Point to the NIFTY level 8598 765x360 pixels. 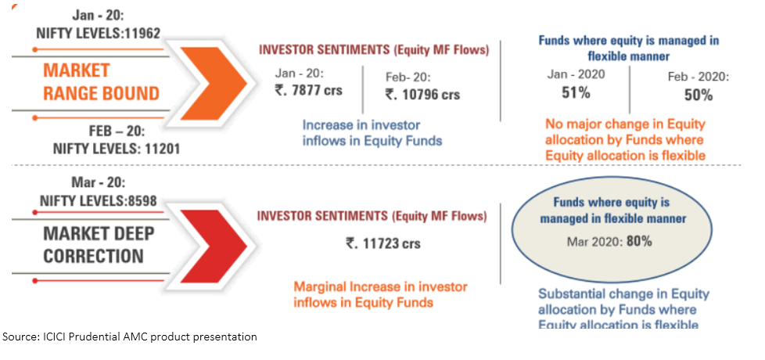[137, 200]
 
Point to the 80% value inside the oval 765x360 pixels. [638, 241]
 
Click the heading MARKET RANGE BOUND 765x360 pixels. [101, 82]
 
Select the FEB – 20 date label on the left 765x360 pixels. [98, 131]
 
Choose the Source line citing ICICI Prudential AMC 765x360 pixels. [130, 337]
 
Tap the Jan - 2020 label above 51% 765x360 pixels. [576, 74]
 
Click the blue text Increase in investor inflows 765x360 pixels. [361, 132]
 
